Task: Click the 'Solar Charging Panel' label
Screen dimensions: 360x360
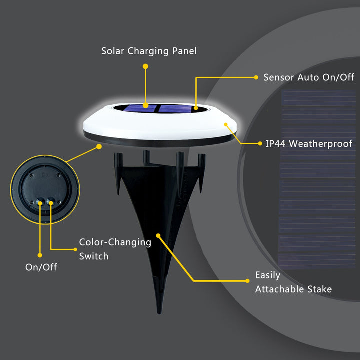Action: (149, 51)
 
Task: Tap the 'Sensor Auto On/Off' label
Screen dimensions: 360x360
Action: (308, 77)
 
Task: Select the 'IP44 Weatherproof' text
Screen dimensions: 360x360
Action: (309, 144)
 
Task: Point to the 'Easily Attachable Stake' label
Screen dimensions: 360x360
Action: (293, 282)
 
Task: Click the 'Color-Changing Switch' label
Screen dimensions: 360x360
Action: (115, 249)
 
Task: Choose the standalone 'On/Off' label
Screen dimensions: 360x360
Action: (41, 267)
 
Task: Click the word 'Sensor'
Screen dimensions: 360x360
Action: (279, 77)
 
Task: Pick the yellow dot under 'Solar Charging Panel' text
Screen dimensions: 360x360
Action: (145, 66)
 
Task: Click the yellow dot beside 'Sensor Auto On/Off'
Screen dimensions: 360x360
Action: (254, 77)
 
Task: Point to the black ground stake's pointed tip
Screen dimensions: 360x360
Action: (159, 311)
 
